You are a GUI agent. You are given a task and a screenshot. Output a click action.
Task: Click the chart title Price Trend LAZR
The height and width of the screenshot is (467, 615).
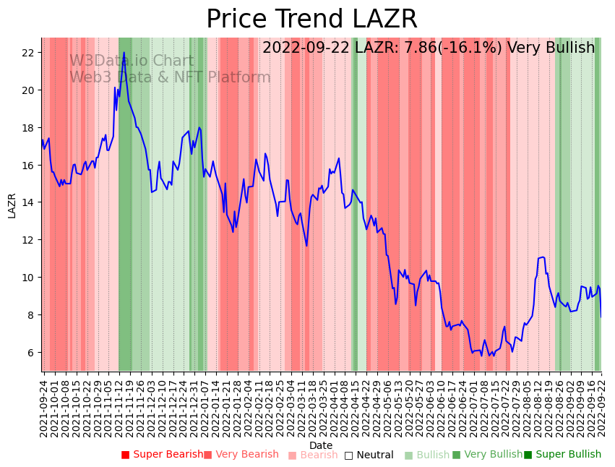coord(311,20)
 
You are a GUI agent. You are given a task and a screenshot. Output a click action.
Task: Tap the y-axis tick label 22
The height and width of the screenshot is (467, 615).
coord(28,53)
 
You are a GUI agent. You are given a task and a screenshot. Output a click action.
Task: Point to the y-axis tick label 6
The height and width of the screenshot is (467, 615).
coord(31,353)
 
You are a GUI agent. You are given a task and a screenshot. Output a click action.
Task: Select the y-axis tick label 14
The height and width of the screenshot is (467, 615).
coord(28,202)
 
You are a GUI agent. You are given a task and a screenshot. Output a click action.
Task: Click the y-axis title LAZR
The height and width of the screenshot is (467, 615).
coord(12,205)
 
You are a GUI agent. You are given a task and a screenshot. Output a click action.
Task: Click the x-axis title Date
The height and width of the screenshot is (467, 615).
coord(321,445)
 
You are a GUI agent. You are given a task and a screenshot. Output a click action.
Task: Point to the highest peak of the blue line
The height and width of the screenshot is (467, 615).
coord(124,52)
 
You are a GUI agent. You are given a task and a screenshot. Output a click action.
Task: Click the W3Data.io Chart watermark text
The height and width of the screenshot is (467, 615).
coord(132,61)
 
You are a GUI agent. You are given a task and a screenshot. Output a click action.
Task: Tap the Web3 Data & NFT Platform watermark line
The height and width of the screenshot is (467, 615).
coord(170,77)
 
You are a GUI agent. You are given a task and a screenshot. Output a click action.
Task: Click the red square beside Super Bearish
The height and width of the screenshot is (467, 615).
coord(125,455)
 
